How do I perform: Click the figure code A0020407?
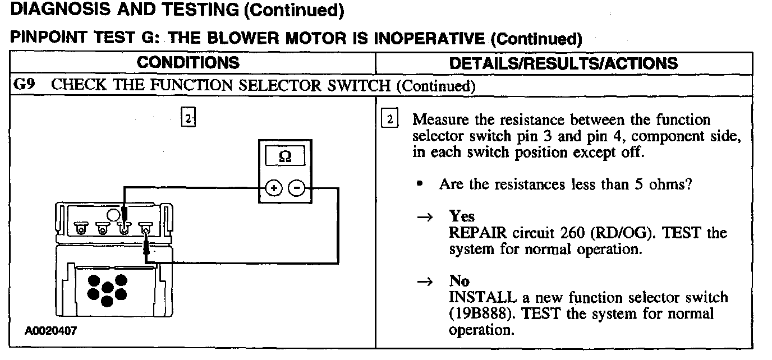tap(51, 331)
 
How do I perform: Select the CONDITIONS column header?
tap(188, 62)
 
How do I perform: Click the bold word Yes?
tap(461, 216)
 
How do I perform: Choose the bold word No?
tap(459, 281)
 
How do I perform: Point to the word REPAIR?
tap(477, 233)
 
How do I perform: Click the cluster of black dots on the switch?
tap(107, 289)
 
